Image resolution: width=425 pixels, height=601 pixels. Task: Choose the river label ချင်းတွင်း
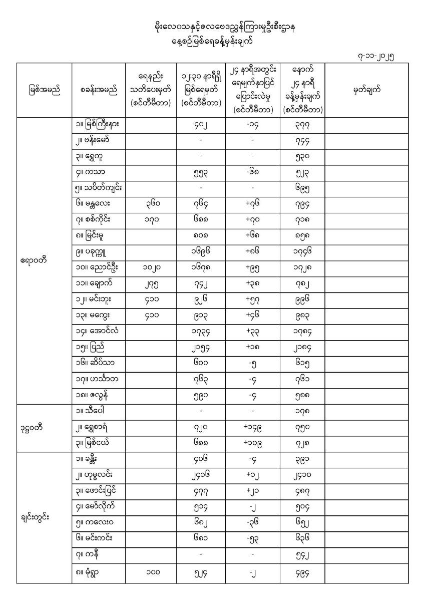[x=35, y=517]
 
